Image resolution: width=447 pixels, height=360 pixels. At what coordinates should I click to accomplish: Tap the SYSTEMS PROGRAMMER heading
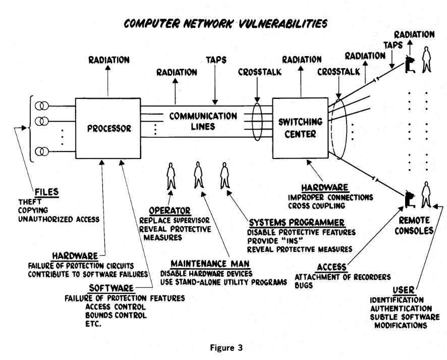(x=296, y=222)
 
